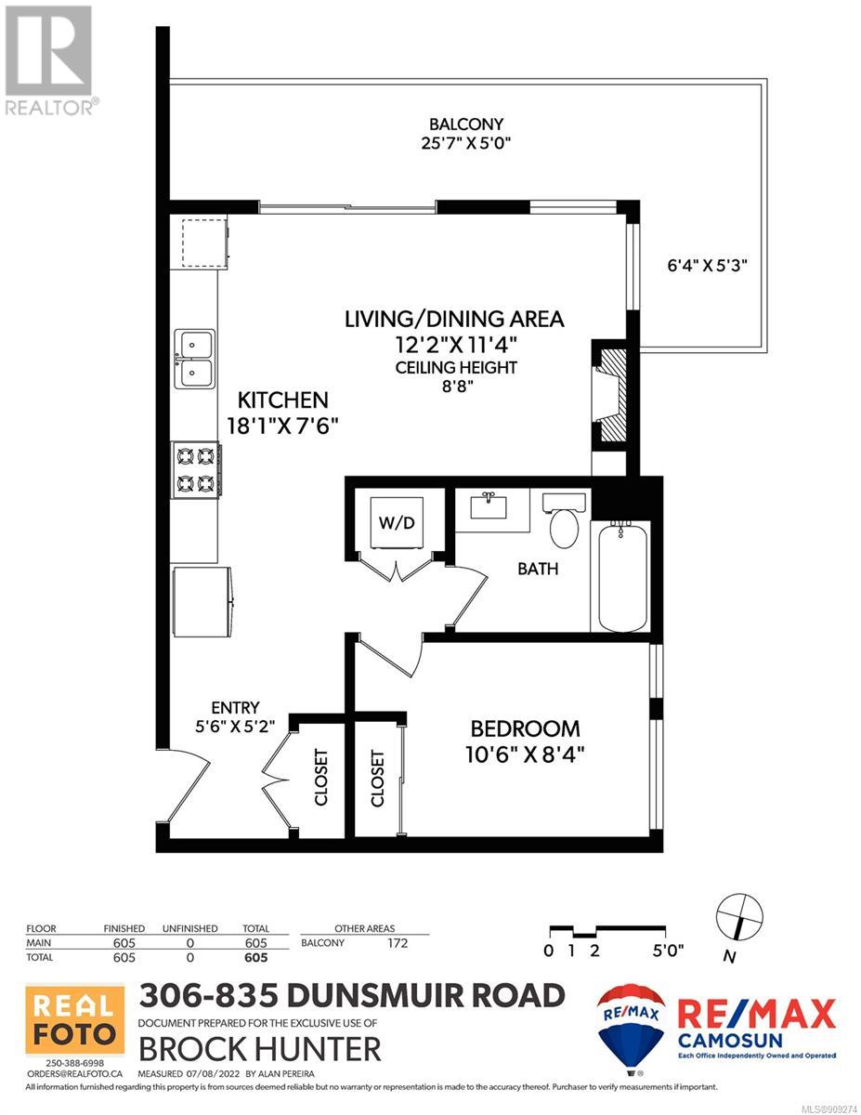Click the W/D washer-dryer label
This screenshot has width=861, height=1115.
tap(396, 523)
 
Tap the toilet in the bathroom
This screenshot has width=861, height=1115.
tap(564, 520)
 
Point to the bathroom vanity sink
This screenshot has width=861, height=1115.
tap(488, 505)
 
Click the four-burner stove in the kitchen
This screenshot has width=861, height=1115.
tap(196, 469)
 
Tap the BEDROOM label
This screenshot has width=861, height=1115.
tap(525, 729)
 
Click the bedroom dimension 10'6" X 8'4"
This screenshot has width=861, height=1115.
tap(525, 754)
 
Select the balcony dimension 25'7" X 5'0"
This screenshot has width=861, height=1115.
tap(466, 143)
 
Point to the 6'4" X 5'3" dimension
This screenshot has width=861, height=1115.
tap(707, 266)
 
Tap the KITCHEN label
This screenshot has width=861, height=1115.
tap(282, 400)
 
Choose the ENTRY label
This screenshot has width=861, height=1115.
tap(235, 708)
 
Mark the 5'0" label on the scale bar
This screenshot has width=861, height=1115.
tap(668, 951)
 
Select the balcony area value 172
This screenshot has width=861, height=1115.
tap(398, 943)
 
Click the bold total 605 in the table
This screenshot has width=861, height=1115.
tap(255, 957)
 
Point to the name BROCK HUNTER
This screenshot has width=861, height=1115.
tap(260, 1049)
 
